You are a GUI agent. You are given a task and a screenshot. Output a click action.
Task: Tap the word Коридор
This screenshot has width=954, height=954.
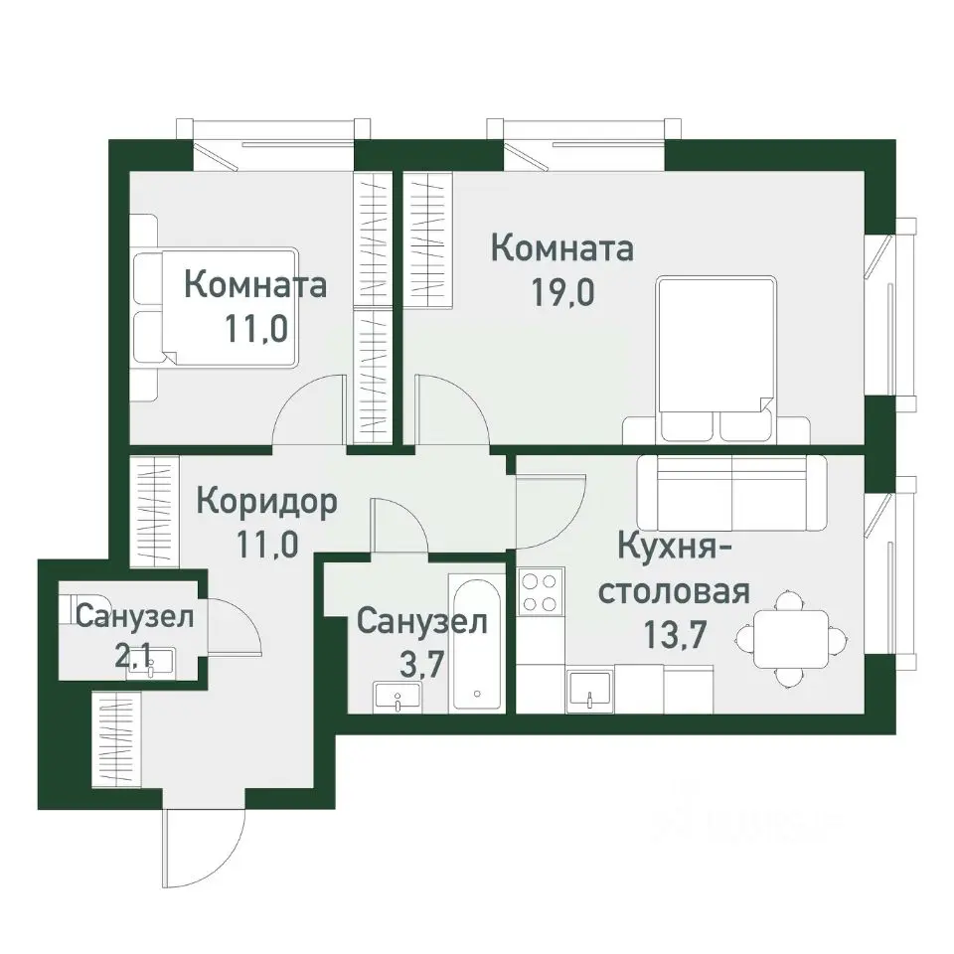266,500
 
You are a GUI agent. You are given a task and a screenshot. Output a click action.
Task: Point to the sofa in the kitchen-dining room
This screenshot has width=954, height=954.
731,491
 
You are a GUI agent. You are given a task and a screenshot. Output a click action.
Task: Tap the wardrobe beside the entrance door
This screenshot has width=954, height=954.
115,737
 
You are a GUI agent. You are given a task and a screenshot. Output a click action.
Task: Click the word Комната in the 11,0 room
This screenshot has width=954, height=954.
255,285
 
